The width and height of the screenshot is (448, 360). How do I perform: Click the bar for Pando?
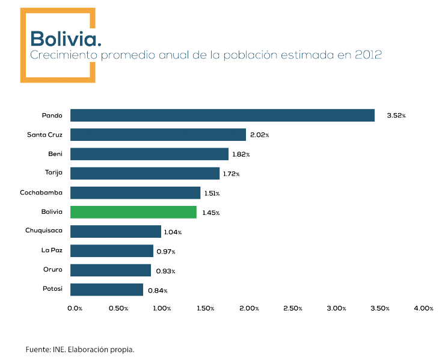222,115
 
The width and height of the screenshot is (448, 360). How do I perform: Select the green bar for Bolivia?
133,212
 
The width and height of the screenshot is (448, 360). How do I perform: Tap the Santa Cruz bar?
158,134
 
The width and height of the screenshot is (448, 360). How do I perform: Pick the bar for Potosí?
107,290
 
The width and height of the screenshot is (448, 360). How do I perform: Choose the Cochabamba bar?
135,193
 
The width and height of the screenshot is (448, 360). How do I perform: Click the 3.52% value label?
396,116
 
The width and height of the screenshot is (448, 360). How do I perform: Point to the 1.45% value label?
210,213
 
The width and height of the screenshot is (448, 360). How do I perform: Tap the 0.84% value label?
158,291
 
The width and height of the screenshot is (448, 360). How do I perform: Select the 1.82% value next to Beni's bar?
241,155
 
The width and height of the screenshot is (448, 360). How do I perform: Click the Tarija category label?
54,173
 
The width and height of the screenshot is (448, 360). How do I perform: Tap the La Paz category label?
52,250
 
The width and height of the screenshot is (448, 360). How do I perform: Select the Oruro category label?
53,269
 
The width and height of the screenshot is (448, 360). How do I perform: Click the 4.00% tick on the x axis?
423,308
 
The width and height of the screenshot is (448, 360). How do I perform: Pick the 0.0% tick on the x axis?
75,308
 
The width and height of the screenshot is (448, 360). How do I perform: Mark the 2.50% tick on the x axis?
292,308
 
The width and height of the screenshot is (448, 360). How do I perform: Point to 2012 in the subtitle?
366,55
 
